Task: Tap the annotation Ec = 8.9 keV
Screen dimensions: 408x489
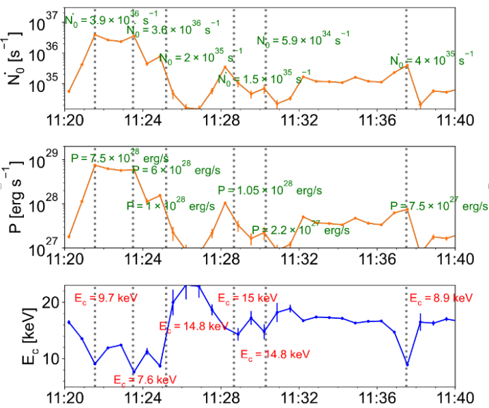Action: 440,298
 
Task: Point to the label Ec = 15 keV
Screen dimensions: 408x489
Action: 248,298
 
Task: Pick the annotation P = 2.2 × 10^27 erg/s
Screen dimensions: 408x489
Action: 295,230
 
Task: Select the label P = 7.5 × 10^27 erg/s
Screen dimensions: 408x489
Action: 439,205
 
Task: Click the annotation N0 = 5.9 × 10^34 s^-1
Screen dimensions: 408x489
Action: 303,40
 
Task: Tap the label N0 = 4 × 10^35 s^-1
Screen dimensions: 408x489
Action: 430,61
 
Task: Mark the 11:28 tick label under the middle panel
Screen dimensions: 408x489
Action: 224,260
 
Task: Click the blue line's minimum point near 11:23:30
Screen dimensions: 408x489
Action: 134,372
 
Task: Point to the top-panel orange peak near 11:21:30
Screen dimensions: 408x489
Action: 95,35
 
